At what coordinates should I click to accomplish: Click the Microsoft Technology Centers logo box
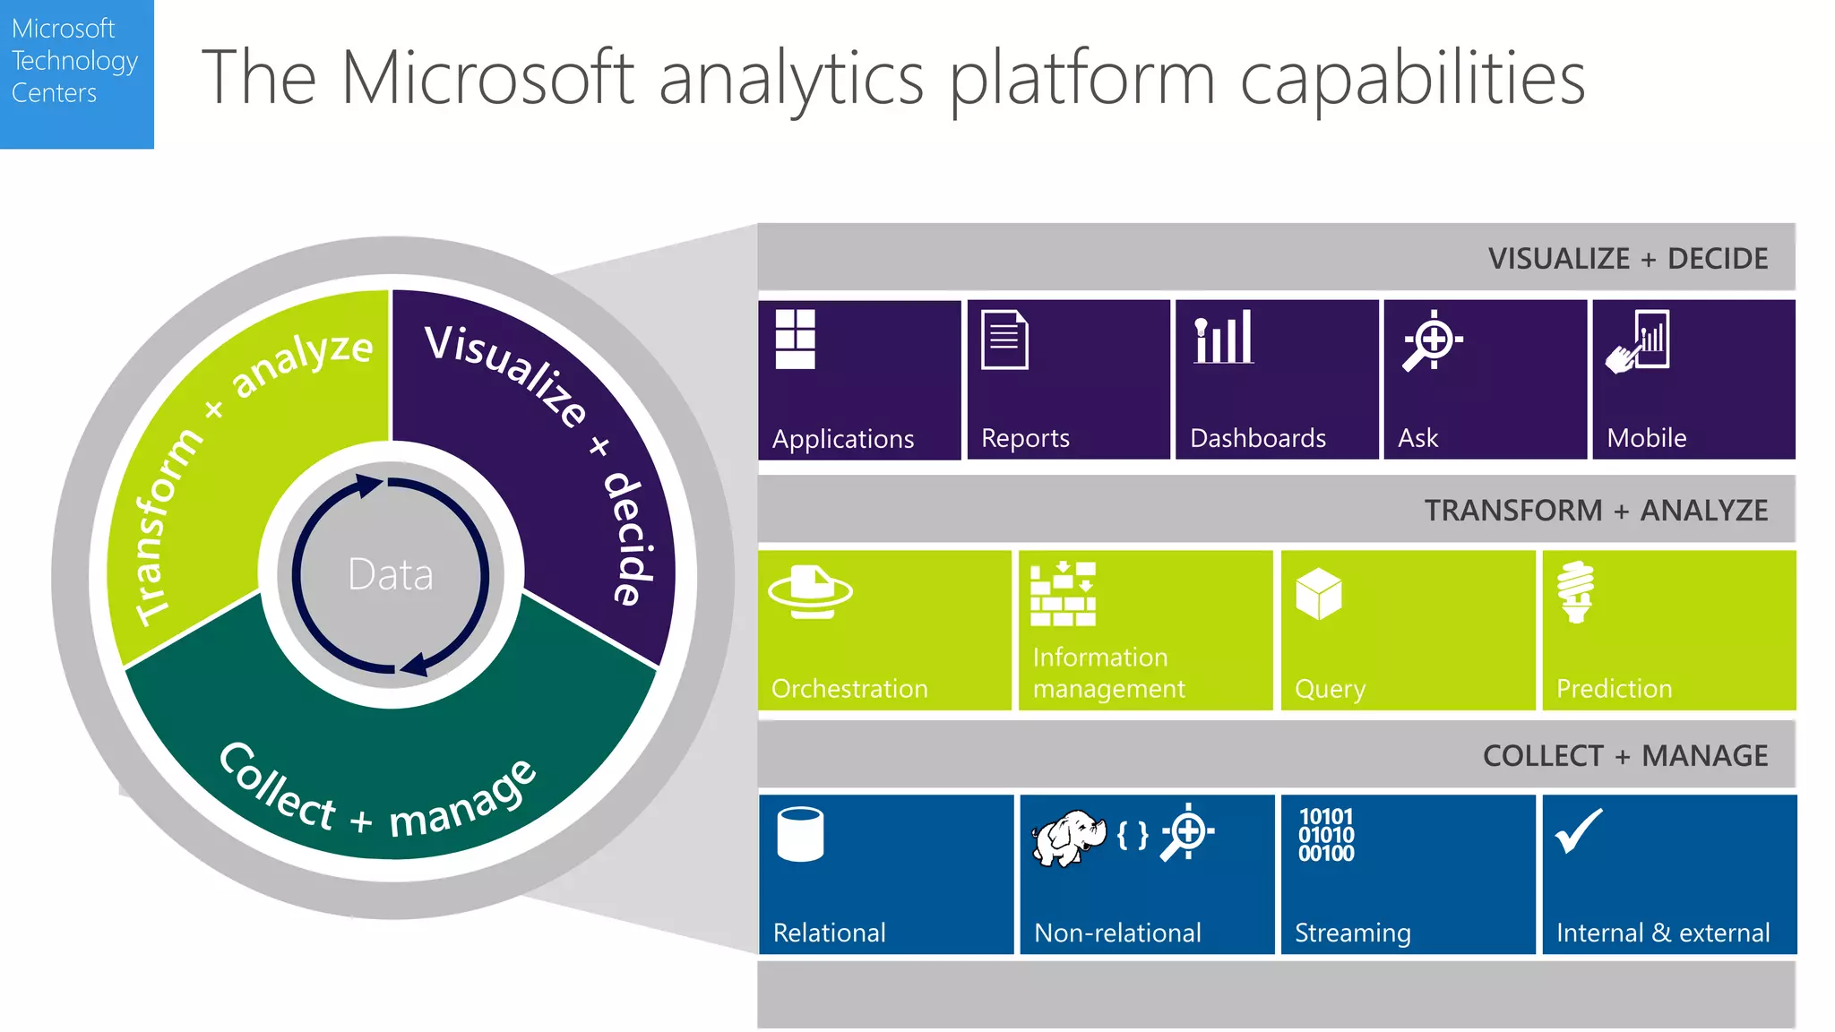pyautogui.click(x=76, y=73)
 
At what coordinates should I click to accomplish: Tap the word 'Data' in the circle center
pyautogui.click(x=391, y=574)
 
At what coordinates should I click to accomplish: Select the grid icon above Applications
pyautogui.click(x=795, y=339)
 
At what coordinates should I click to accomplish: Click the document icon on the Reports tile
pyautogui.click(x=1004, y=339)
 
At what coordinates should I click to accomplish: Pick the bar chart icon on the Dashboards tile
pyautogui.click(x=1224, y=337)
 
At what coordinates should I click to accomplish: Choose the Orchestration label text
pyautogui.click(x=849, y=688)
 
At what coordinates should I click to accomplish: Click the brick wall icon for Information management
pyautogui.click(x=1063, y=594)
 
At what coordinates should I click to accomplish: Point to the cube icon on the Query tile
pyautogui.click(x=1318, y=593)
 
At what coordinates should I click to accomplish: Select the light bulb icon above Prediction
pyautogui.click(x=1576, y=591)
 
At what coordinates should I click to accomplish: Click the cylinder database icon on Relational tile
pyautogui.click(x=800, y=834)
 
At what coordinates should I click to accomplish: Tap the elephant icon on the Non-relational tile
pyautogui.click(x=1068, y=838)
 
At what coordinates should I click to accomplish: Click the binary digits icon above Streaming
pyautogui.click(x=1326, y=835)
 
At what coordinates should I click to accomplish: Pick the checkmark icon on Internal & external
pyautogui.click(x=1578, y=831)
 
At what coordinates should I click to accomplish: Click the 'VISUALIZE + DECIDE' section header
pyautogui.click(x=1627, y=259)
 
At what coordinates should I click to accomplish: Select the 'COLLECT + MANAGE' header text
pyautogui.click(x=1624, y=756)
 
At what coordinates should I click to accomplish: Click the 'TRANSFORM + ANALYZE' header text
pyautogui.click(x=1596, y=511)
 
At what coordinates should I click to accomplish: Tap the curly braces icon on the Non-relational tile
pyautogui.click(x=1133, y=835)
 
